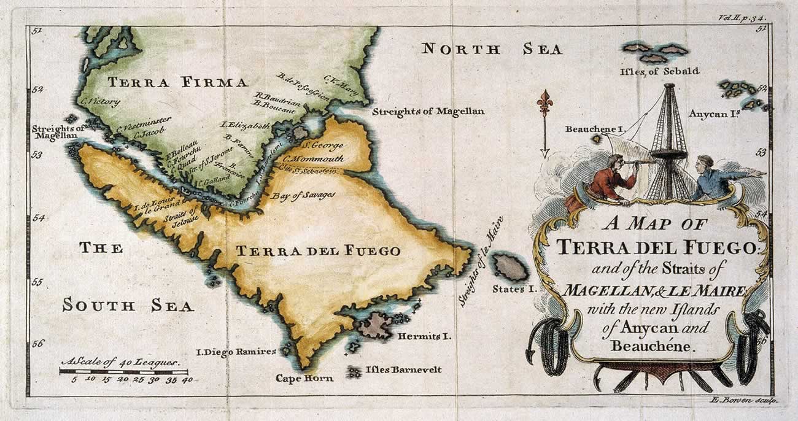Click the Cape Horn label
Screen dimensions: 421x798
coord(304,378)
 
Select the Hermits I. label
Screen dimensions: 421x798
coord(424,336)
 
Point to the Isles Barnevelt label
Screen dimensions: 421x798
coord(403,369)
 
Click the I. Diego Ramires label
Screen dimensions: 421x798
coord(235,352)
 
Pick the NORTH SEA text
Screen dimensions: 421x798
coord(492,49)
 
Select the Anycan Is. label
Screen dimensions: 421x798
coord(712,114)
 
